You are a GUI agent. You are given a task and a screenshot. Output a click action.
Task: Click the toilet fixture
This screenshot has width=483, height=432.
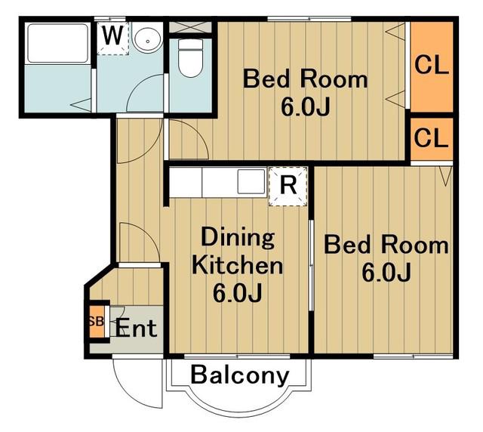190,57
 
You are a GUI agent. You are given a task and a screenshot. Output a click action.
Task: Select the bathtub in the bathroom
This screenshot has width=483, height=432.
58,43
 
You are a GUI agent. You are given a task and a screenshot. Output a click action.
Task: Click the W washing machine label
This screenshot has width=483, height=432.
112,35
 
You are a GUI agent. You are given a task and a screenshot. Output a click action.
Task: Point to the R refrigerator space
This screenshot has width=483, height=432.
288,187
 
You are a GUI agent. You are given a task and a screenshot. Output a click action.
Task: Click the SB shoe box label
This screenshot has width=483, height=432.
96,322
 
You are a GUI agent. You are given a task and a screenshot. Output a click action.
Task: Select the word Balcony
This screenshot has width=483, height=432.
240,375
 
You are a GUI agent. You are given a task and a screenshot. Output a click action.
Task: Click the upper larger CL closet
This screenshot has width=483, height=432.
432,66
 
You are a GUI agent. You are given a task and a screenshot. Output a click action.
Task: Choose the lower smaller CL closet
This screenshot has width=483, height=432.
432,139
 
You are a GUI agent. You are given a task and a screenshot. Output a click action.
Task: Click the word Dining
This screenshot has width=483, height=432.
238,237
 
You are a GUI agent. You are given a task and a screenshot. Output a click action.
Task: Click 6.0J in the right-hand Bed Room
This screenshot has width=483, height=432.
386,273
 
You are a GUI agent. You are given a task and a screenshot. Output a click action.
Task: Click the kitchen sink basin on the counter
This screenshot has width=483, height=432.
251,181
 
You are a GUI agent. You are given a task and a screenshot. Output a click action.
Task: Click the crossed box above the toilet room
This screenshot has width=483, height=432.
190,27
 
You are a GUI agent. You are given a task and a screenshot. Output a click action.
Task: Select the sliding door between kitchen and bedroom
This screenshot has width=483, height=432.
311,265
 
